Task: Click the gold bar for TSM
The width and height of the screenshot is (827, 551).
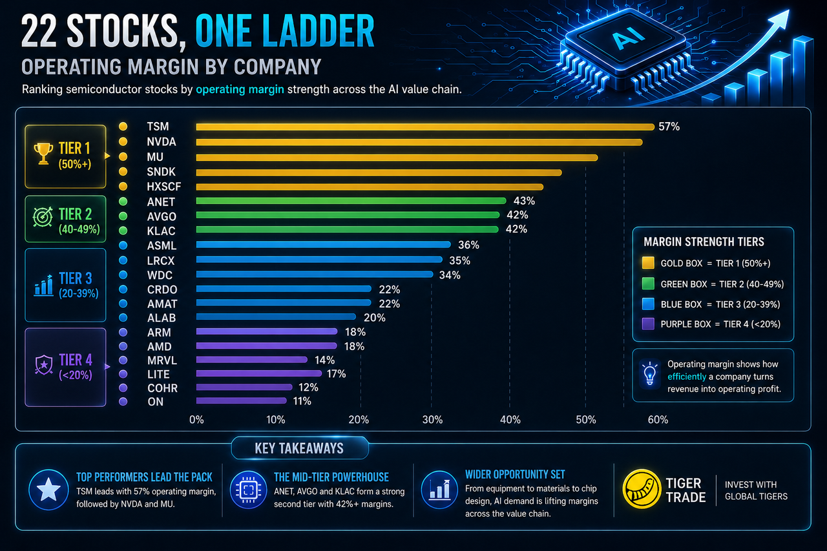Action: coord(425,127)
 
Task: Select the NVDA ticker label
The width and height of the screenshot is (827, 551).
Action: coord(162,141)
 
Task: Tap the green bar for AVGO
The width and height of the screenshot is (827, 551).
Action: coord(348,215)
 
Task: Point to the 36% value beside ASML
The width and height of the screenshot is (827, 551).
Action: coord(468,245)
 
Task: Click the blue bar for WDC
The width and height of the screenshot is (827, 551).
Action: coord(315,275)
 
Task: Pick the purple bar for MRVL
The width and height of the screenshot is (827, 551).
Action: coord(251,359)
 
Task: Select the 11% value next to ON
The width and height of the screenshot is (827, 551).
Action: coord(302,401)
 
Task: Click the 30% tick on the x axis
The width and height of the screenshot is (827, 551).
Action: coord(432,420)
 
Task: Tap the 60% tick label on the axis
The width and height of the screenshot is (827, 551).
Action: coord(658,420)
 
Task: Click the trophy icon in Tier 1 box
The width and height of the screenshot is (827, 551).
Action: coord(43,154)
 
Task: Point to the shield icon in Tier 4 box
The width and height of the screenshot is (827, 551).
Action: coord(44,364)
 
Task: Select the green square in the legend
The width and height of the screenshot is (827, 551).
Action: coord(648,284)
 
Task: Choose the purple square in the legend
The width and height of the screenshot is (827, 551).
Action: coord(648,324)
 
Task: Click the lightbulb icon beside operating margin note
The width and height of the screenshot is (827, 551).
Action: coord(650,374)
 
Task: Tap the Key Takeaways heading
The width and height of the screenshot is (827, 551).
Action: coord(299,448)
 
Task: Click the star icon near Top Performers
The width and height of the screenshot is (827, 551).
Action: coord(48,490)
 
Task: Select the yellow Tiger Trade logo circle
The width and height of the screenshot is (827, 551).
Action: coord(642,489)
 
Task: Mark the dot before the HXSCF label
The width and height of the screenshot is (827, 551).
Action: coord(123,187)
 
